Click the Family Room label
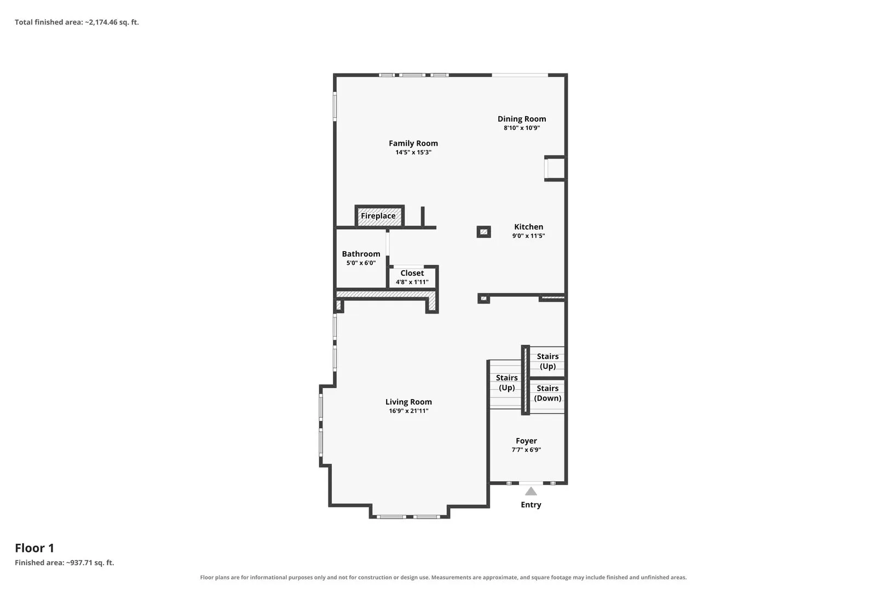point(413,143)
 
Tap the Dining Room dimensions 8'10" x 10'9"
point(521,128)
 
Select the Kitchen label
point(528,227)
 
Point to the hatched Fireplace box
point(379,216)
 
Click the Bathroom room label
point(361,254)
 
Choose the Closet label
point(412,273)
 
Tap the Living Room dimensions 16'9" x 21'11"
point(408,411)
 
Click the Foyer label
point(526,441)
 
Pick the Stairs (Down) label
point(548,393)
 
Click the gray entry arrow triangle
point(531,492)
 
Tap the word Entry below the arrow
point(531,505)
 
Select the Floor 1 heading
point(34,548)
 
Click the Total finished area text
point(77,22)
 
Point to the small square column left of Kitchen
point(483,232)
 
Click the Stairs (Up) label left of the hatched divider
point(507,383)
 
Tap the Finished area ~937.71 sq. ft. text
point(65,562)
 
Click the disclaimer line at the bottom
point(443,577)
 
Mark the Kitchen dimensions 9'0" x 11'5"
point(528,236)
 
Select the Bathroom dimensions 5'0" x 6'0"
point(361,263)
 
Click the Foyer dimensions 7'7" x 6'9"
point(526,449)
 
